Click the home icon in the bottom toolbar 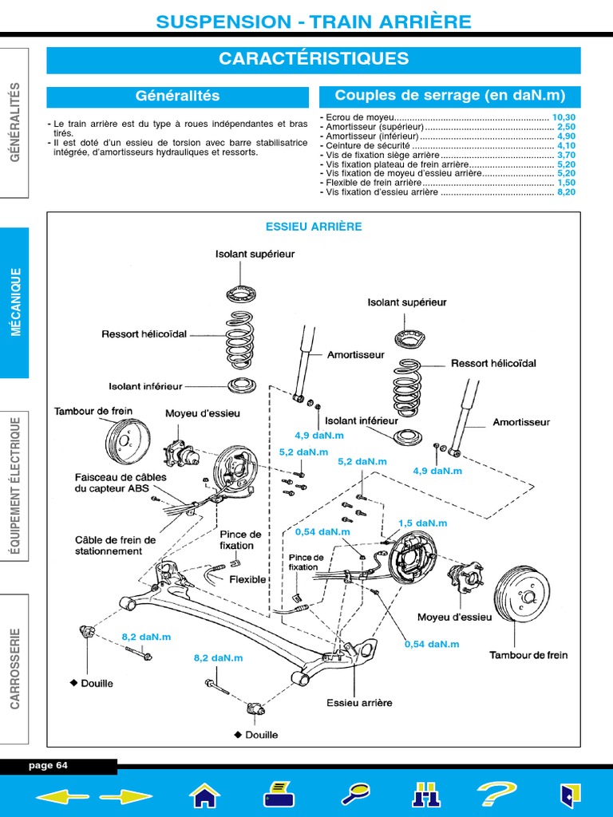point(205,795)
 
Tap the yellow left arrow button point(62,796)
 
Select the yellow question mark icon point(496,795)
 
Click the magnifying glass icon point(355,795)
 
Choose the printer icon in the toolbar point(279,795)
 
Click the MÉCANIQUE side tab point(14,302)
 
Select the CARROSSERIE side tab point(14,669)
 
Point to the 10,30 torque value point(564,118)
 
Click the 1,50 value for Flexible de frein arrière point(566,183)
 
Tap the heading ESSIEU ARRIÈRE point(314,227)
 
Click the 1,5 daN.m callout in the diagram point(423,523)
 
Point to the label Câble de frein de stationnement point(115,546)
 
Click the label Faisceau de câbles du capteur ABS point(121,483)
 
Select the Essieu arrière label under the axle point(359,703)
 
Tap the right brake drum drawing point(522,594)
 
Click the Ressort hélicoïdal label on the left point(144,334)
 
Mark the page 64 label point(48,765)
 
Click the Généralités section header point(178,97)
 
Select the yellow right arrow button point(126,796)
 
